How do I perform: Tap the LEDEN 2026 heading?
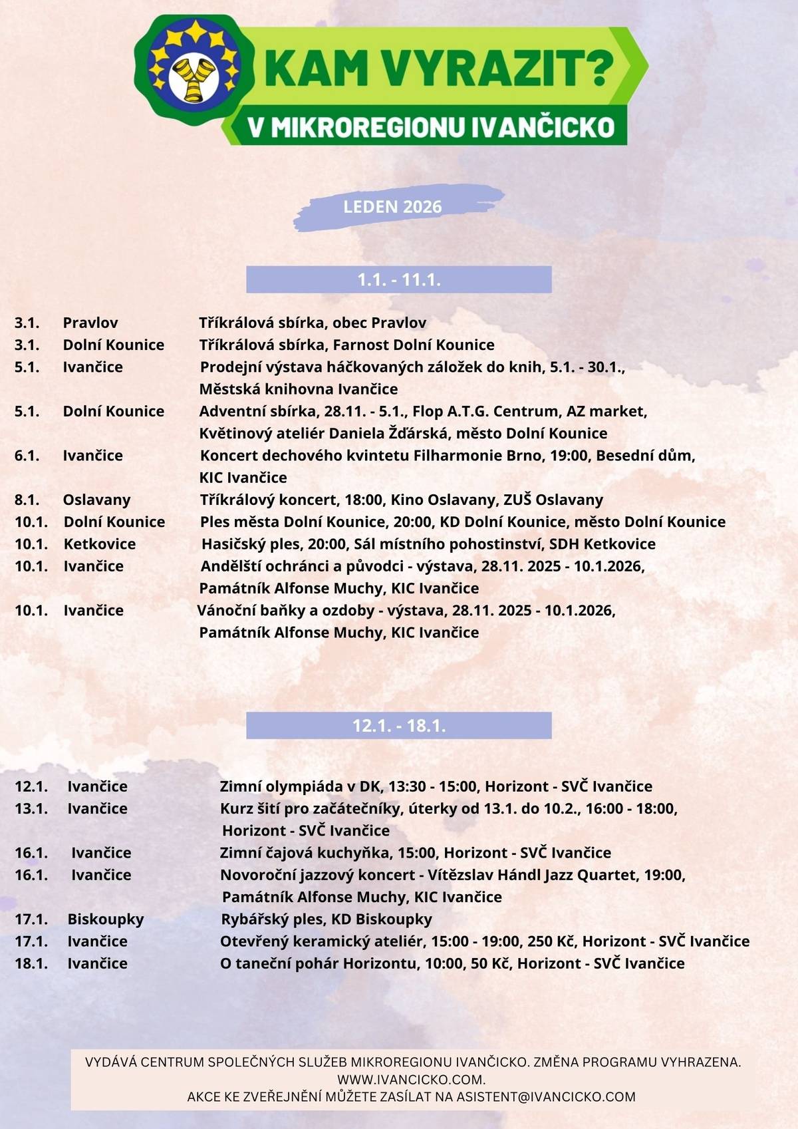click(392, 206)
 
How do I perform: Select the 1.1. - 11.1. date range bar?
click(399, 279)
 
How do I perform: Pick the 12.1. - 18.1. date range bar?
click(399, 725)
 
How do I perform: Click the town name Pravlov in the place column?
click(90, 323)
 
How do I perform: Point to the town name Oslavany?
click(96, 500)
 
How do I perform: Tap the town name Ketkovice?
click(100, 544)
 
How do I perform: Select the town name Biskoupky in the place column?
click(106, 919)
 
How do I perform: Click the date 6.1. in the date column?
click(27, 456)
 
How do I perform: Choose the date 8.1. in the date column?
click(27, 500)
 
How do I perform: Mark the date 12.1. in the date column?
click(31, 786)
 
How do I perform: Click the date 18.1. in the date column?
click(31, 963)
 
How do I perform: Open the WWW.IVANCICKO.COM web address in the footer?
click(410, 1079)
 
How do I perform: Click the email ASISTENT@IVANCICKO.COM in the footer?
click(545, 1096)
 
